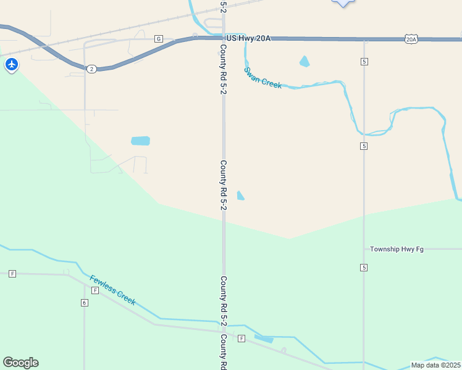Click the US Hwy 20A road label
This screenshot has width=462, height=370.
point(248,38)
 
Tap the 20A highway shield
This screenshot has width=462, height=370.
point(411,39)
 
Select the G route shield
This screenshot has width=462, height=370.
point(159,38)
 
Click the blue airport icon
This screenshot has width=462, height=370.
point(11,64)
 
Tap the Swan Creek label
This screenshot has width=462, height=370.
point(262,78)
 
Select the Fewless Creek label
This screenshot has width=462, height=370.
point(112,289)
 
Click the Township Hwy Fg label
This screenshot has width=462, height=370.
point(397,249)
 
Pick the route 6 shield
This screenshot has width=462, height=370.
point(84,302)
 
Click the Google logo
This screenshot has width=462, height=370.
point(20,363)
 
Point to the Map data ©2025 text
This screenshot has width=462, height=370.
point(435,365)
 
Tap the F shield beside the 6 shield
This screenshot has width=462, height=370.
point(95,290)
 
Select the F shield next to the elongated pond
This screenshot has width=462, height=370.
point(241,338)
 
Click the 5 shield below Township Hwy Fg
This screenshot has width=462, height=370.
point(364,267)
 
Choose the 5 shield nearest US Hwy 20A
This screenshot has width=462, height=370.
point(364,62)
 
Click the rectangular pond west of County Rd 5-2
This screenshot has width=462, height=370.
point(140,141)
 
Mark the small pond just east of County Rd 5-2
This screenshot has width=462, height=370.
point(240,195)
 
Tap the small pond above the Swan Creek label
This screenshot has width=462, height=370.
point(304,61)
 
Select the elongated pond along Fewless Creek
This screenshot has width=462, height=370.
point(264,339)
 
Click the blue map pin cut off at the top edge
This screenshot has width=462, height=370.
point(343,2)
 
